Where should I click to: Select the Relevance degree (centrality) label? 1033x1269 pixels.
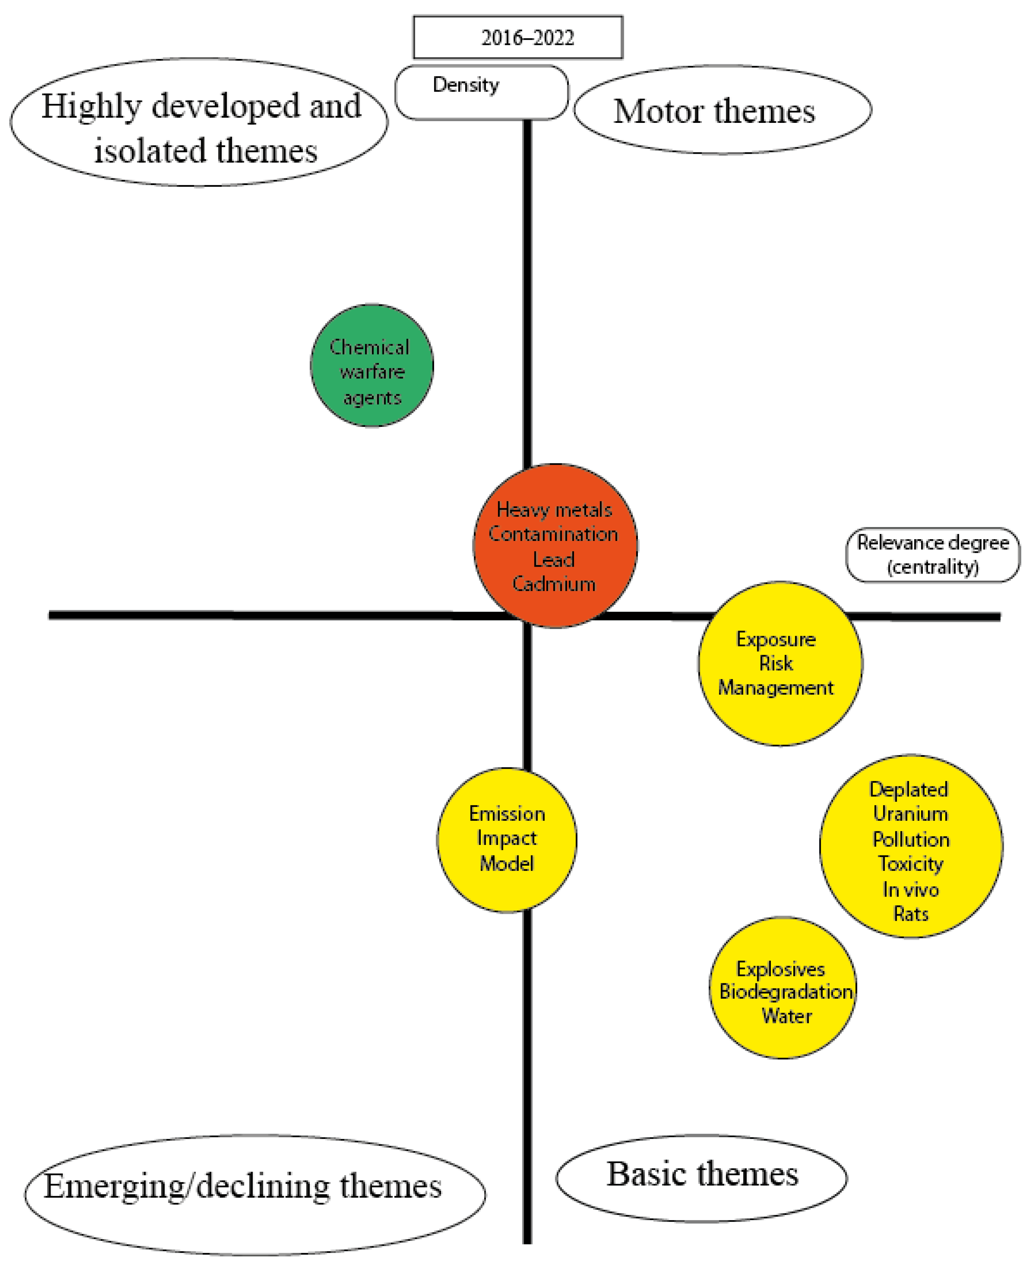click(932, 555)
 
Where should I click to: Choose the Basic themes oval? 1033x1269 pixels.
click(701, 1177)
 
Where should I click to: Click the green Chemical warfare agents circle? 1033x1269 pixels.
click(372, 365)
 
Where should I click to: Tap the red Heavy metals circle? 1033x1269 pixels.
click(555, 545)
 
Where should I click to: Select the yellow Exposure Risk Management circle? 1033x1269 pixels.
click(780, 664)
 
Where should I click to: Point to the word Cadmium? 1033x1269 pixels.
click(554, 584)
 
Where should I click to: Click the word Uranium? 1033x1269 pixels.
click(911, 814)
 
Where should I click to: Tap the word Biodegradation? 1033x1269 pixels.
click(786, 992)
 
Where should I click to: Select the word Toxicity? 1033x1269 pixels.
click(911, 864)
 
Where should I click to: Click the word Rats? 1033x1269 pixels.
click(911, 914)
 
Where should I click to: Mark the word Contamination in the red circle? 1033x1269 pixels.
click(553, 534)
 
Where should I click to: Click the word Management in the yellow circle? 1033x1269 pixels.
click(776, 688)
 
